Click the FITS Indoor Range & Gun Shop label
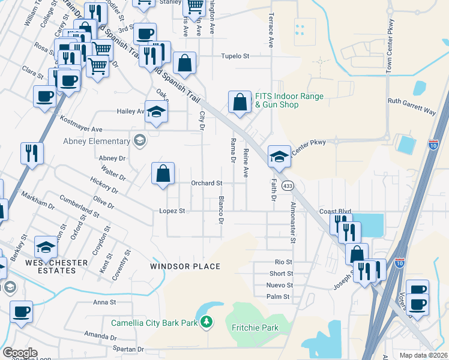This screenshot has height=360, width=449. (x=289, y=100)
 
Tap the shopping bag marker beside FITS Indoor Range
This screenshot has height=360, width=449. (x=240, y=103)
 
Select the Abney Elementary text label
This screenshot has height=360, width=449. (x=97, y=142)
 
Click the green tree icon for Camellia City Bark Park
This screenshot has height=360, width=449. (x=206, y=322)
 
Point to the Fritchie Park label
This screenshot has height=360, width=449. (x=255, y=328)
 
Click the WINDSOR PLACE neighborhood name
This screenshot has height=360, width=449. (x=185, y=266)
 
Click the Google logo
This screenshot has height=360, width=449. (x=20, y=353)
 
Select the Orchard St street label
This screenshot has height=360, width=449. (x=206, y=183)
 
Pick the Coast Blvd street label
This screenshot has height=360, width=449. (x=335, y=211)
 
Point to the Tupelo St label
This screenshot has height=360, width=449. (x=237, y=56)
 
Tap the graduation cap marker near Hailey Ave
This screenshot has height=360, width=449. (x=156, y=112)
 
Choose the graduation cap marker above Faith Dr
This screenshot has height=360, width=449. (x=279, y=157)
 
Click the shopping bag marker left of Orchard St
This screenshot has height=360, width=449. (x=163, y=174)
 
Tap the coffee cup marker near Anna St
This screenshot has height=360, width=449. (x=22, y=312)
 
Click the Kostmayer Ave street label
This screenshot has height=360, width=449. (x=80, y=129)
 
